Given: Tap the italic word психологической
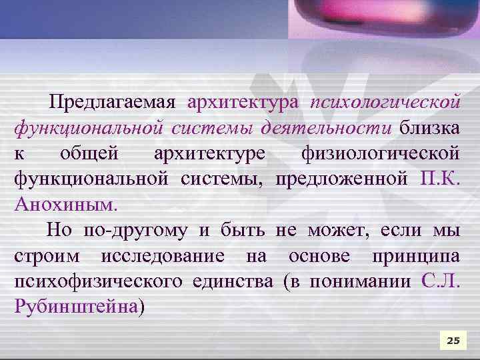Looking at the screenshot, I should (x=385, y=103).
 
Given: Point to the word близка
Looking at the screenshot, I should (x=430, y=127).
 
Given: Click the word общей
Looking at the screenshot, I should (x=90, y=153).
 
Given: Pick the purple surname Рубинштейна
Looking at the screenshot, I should (x=75, y=307).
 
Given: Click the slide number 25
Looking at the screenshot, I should (x=453, y=341).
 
